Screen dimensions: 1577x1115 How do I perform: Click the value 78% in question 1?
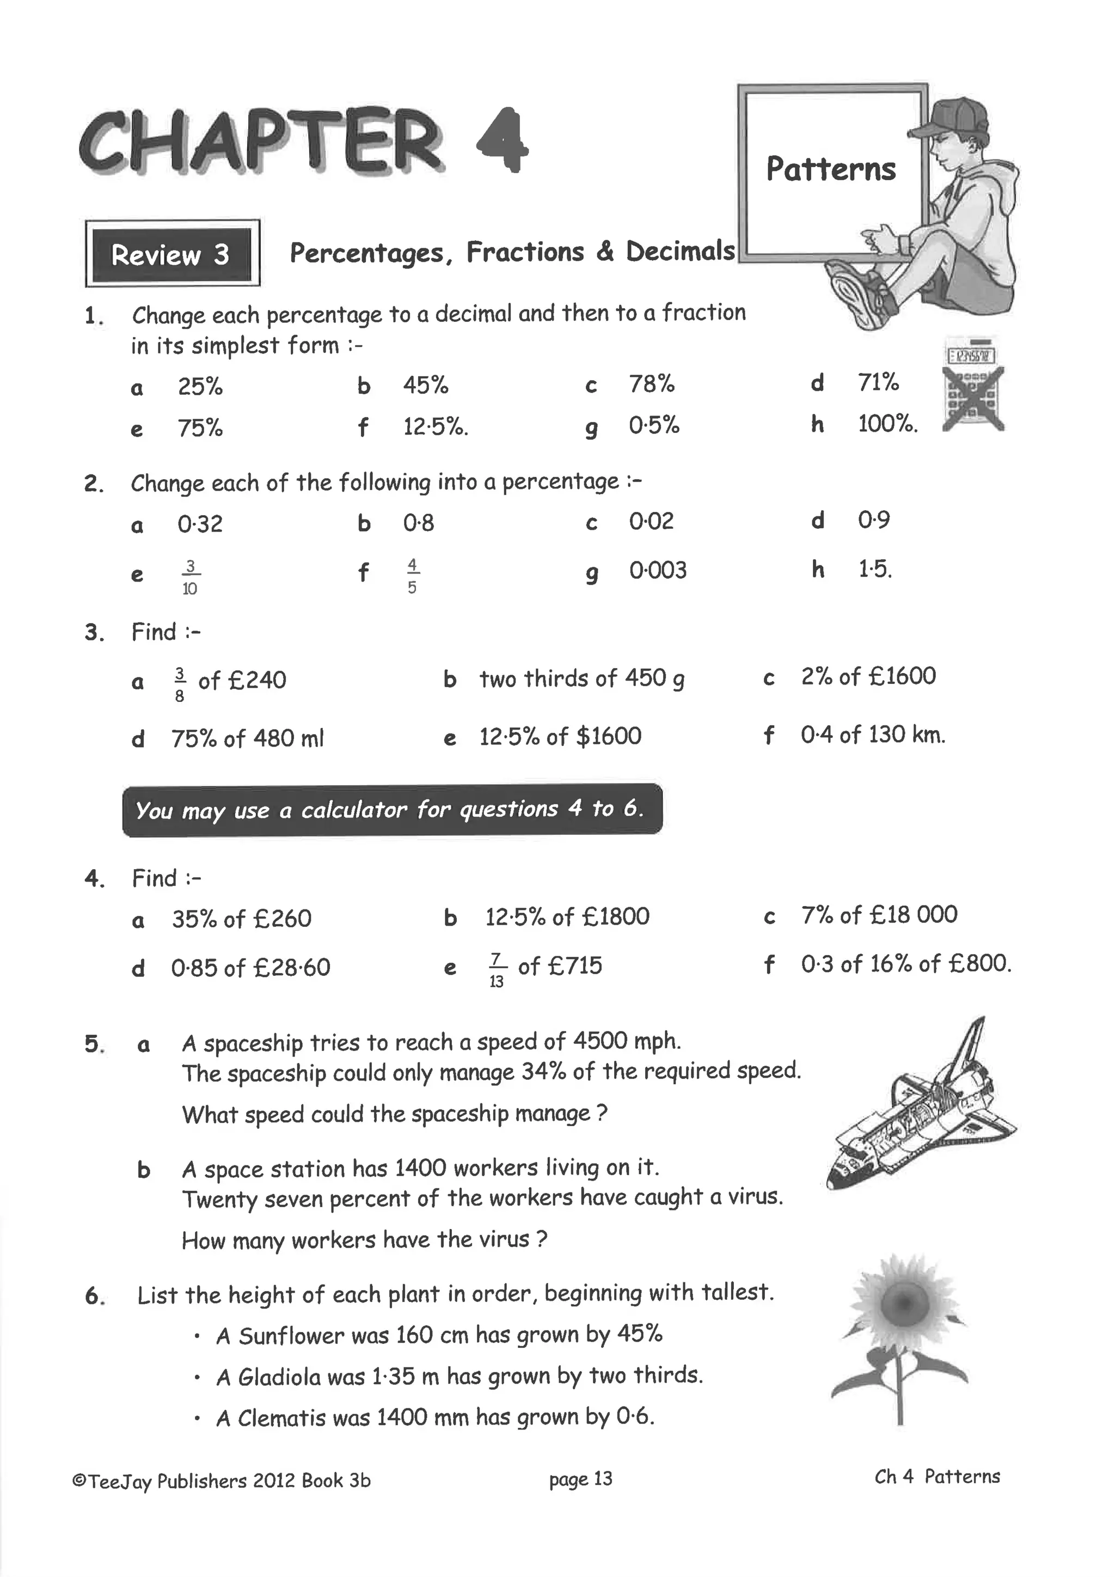pos(652,384)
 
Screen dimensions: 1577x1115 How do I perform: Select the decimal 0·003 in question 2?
pos(658,570)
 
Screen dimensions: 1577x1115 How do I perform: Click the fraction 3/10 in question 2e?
pos(190,577)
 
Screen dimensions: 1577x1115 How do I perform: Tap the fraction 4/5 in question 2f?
pos(412,576)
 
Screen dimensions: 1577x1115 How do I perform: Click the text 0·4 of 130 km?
pos(873,735)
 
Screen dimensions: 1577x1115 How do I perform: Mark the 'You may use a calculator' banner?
pos(392,810)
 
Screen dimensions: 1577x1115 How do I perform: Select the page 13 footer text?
pos(580,1479)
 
